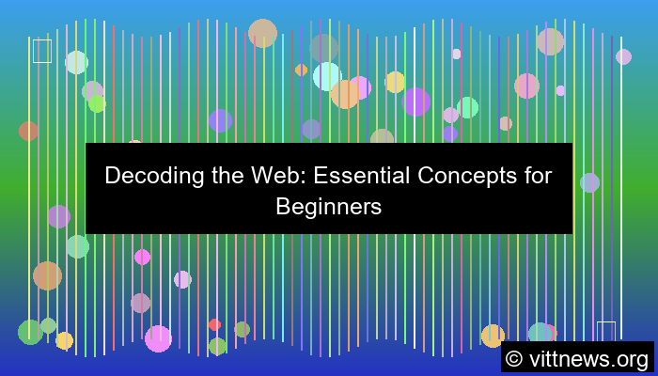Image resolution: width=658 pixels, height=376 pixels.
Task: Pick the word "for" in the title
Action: [x=537, y=175]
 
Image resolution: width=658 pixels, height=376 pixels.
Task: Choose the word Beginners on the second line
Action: [x=329, y=207]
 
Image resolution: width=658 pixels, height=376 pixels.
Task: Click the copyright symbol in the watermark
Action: [x=515, y=359]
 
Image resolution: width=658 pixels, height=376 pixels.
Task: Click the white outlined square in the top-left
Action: [x=42, y=51]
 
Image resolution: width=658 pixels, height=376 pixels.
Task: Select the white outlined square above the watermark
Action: [x=606, y=331]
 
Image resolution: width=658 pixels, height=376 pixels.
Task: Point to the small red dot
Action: [x=214, y=325]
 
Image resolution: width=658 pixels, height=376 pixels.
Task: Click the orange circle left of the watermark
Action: [x=493, y=336]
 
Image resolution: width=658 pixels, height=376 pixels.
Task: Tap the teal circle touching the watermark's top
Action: [x=540, y=334]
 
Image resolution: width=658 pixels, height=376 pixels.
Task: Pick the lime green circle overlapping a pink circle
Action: [x=97, y=103]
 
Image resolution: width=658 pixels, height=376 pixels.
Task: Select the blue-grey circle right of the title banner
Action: [x=589, y=182]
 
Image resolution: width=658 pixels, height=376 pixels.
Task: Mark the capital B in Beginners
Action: [x=283, y=207]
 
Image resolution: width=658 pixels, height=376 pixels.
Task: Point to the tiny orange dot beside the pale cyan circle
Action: [x=301, y=70]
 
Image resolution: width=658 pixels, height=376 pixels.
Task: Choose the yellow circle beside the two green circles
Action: [x=64, y=340]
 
